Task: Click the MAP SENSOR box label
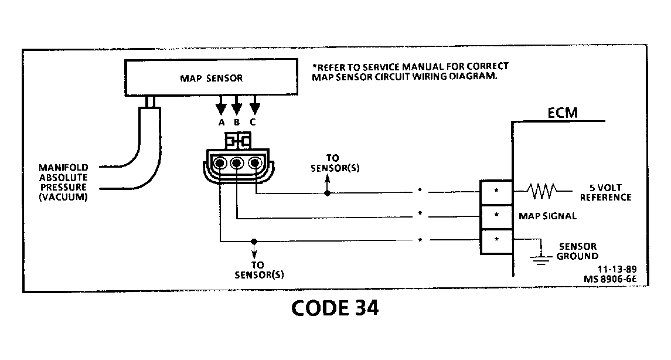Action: click(x=210, y=77)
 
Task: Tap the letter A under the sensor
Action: click(x=221, y=123)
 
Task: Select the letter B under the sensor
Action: click(x=237, y=123)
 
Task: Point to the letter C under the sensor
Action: click(x=253, y=123)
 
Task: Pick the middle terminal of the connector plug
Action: click(x=237, y=164)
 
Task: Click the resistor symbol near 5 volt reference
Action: click(x=541, y=191)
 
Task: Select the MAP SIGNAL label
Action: click(x=547, y=216)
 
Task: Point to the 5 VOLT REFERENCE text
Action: click(x=605, y=193)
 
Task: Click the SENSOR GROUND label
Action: click(x=577, y=252)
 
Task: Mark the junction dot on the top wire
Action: click(x=327, y=193)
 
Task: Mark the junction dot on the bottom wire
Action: click(x=253, y=241)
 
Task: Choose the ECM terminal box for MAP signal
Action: click(x=496, y=216)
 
